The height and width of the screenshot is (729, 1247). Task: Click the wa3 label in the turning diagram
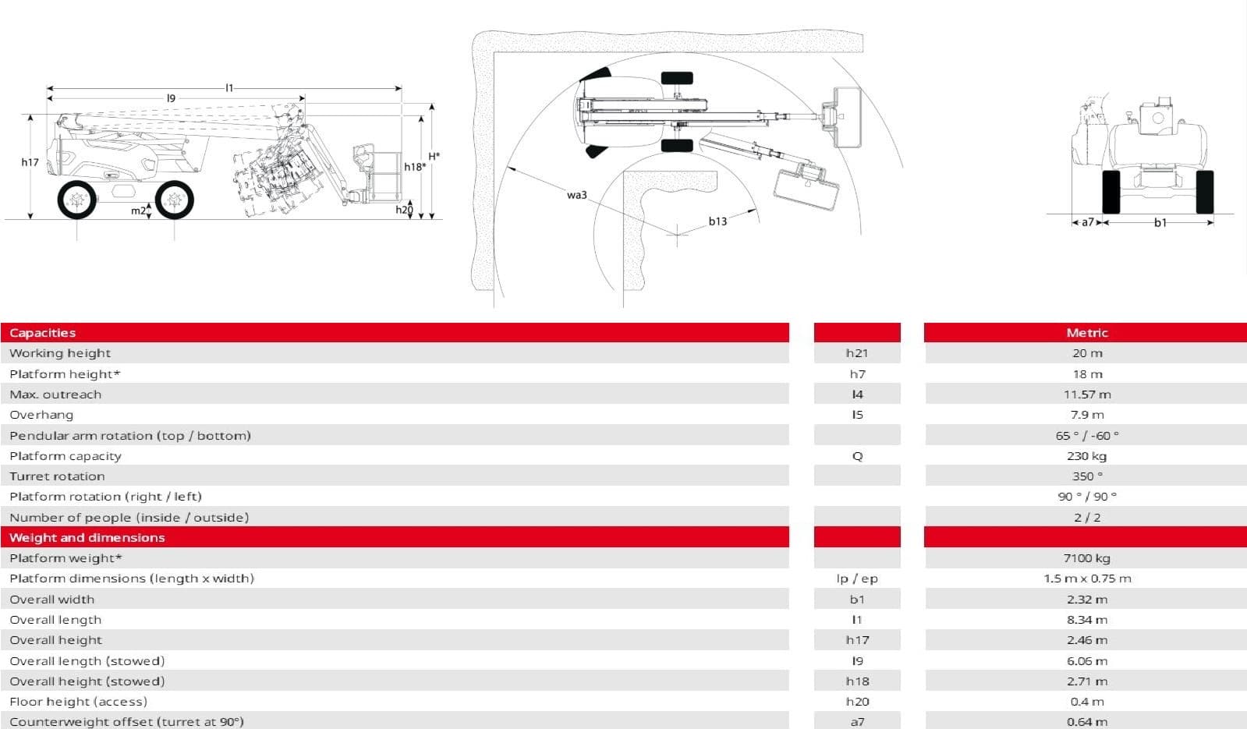pyautogui.click(x=577, y=195)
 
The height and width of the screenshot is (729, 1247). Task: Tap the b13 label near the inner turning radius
pyautogui.click(x=717, y=221)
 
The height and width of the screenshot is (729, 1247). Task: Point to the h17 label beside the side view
pyautogui.click(x=30, y=162)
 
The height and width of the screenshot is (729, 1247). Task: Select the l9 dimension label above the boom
pyautogui.click(x=171, y=98)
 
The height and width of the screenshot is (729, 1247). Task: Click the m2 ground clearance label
pyautogui.click(x=138, y=211)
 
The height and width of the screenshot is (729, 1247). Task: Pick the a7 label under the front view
pyautogui.click(x=1088, y=222)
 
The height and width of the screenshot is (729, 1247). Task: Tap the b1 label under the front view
pyautogui.click(x=1160, y=222)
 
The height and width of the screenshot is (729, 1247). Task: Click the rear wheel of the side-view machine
pyautogui.click(x=77, y=200)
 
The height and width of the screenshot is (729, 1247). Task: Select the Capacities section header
pyautogui.click(x=42, y=333)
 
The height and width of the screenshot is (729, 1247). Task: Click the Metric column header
pyautogui.click(x=1086, y=333)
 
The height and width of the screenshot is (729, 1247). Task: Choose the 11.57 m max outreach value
pyautogui.click(x=1086, y=395)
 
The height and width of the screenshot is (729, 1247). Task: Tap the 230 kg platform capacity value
pyautogui.click(x=1086, y=456)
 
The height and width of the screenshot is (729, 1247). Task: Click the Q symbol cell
pyautogui.click(x=857, y=456)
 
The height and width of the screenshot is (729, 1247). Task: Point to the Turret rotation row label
pyautogui.click(x=58, y=476)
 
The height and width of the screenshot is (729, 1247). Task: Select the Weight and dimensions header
pyautogui.click(x=87, y=537)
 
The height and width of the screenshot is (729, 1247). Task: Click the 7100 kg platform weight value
pyautogui.click(x=1086, y=558)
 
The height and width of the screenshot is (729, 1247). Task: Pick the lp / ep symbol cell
pyautogui.click(x=857, y=579)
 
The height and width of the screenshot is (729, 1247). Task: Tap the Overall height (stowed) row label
pyautogui.click(x=87, y=681)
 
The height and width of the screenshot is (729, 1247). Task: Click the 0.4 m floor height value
pyautogui.click(x=1086, y=702)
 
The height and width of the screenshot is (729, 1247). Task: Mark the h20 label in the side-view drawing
pyautogui.click(x=404, y=210)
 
